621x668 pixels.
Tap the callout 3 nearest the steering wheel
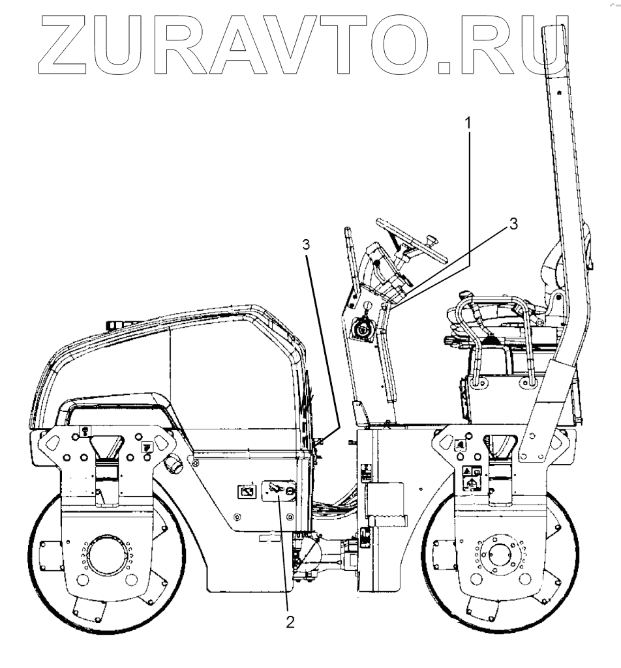click(513, 224)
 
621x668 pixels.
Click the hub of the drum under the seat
click(500, 553)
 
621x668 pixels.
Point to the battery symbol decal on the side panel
click(247, 489)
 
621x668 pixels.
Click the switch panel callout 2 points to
click(279, 490)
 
